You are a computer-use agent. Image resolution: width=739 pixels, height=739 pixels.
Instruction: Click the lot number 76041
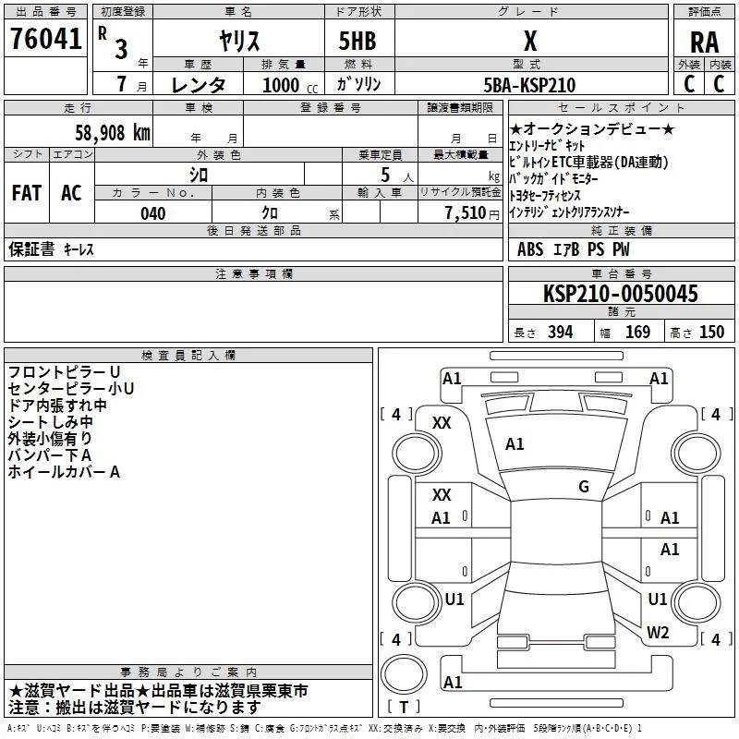(x=45, y=38)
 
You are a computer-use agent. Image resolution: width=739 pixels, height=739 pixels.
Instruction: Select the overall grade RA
(x=704, y=42)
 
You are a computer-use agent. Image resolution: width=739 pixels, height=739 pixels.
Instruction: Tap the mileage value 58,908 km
(x=113, y=132)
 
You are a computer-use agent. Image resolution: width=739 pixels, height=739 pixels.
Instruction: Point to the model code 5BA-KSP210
(x=529, y=85)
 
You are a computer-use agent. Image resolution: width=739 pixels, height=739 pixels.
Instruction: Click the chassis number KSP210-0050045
(x=620, y=293)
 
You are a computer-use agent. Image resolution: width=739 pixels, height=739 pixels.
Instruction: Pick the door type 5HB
(x=357, y=41)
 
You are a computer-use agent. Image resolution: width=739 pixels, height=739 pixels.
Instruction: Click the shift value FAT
(x=27, y=193)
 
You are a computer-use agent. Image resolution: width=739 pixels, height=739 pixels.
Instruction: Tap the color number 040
(x=153, y=213)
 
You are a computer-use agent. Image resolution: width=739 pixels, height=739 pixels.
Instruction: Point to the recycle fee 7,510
(x=466, y=213)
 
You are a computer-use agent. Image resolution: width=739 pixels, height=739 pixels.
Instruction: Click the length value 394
(x=561, y=332)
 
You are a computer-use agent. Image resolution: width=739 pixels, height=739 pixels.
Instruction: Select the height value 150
(x=711, y=332)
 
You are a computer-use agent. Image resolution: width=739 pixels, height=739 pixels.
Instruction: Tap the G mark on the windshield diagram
(x=584, y=486)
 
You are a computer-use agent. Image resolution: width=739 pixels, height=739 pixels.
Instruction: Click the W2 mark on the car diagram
(x=658, y=632)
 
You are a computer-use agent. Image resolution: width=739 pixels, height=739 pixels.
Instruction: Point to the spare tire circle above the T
(x=404, y=674)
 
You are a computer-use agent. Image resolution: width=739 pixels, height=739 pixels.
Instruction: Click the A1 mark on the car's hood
(x=515, y=443)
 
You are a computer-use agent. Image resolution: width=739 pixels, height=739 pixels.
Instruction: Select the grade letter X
(x=530, y=41)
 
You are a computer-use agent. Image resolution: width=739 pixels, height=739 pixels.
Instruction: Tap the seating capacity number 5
(x=385, y=175)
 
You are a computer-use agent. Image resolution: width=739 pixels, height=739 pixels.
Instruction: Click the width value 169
(x=637, y=332)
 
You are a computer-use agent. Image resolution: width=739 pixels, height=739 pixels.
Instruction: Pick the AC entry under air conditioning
(x=72, y=193)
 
